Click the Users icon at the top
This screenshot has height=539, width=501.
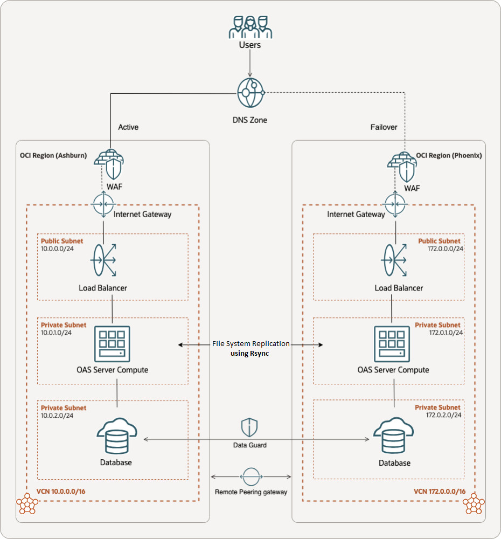click(249, 27)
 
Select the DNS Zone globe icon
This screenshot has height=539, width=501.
click(250, 93)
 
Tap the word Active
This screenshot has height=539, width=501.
click(128, 127)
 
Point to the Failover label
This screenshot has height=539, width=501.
click(384, 127)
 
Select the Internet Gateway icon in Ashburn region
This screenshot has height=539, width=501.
click(102, 205)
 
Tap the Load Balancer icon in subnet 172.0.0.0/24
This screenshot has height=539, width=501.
click(396, 260)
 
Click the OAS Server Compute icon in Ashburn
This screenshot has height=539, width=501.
click(113, 343)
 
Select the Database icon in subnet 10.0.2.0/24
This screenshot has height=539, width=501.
click(117, 436)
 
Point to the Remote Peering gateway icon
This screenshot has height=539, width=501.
click(250, 476)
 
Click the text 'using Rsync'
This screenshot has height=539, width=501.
click(250, 353)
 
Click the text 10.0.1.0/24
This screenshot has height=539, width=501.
click(57, 333)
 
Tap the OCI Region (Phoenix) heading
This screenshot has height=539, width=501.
click(449, 155)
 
